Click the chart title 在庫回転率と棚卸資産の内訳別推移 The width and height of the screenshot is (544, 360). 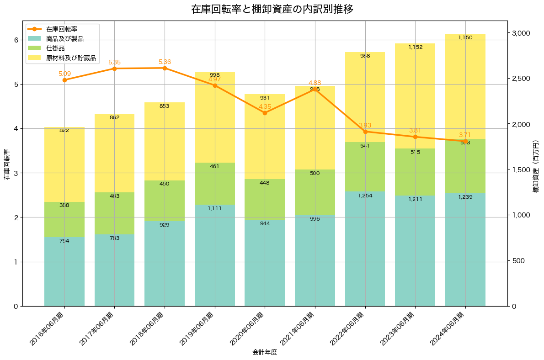pos(272,9)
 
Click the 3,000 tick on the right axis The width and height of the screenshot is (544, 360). pos(521,33)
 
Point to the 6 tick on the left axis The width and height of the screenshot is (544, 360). pos(16,40)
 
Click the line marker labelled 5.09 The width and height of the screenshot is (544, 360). pos(64,80)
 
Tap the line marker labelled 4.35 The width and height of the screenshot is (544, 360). pos(265,113)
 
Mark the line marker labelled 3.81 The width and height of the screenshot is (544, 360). pos(415,137)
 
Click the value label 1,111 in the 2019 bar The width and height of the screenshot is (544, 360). pos(214,208)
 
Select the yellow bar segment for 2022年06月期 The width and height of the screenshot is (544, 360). pos(365,97)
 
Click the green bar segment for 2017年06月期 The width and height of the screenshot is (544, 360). pos(114,213)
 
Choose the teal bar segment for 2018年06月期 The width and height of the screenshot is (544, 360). pos(165,263)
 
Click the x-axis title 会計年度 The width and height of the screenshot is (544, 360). pos(265,352)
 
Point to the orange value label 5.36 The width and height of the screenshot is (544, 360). pos(165,62)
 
